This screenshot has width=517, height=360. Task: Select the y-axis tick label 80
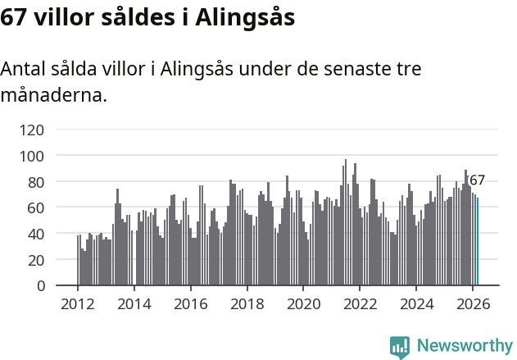pyautogui.click(x=35, y=181)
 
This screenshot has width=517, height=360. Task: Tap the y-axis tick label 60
pyautogui.click(x=35, y=207)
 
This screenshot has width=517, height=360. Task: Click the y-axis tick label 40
pyautogui.click(x=35, y=234)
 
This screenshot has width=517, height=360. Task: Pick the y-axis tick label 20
pyautogui.click(x=35, y=260)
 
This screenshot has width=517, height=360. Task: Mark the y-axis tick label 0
pyautogui.click(x=39, y=285)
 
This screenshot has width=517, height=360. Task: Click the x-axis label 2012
pyautogui.click(x=78, y=303)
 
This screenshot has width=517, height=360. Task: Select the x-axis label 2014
pyautogui.click(x=134, y=303)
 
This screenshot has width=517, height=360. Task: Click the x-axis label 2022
pyautogui.click(x=360, y=303)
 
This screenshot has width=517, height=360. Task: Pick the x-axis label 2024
pyautogui.click(x=416, y=303)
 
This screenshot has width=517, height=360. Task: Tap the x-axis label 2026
pyautogui.click(x=473, y=303)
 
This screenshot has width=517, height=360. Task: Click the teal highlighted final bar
pyautogui.click(x=478, y=242)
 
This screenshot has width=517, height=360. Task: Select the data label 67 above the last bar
pyautogui.click(x=477, y=180)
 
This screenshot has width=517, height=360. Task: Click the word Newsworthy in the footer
pyautogui.click(x=464, y=345)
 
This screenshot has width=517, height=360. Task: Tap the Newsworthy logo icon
pyautogui.click(x=400, y=347)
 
